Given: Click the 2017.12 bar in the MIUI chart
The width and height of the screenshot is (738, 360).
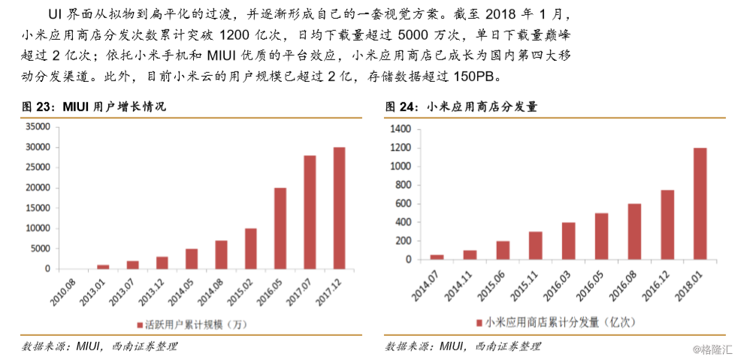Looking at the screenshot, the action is click(x=339, y=208).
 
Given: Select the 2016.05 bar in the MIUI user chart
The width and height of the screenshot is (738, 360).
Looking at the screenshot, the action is click(x=280, y=228).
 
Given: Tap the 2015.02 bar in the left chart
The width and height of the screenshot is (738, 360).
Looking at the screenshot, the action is click(x=250, y=249).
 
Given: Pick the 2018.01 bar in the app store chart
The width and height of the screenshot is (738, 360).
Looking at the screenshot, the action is click(x=700, y=204).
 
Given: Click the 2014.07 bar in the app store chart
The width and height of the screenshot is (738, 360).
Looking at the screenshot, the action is click(x=437, y=257).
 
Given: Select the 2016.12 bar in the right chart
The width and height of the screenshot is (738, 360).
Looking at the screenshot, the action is click(x=667, y=225).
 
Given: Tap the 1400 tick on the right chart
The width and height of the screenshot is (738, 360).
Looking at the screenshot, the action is click(x=400, y=129).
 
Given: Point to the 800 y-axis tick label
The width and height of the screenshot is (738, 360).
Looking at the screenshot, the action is click(x=403, y=186).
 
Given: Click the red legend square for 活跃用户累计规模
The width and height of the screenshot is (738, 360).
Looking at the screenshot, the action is click(x=139, y=325).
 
